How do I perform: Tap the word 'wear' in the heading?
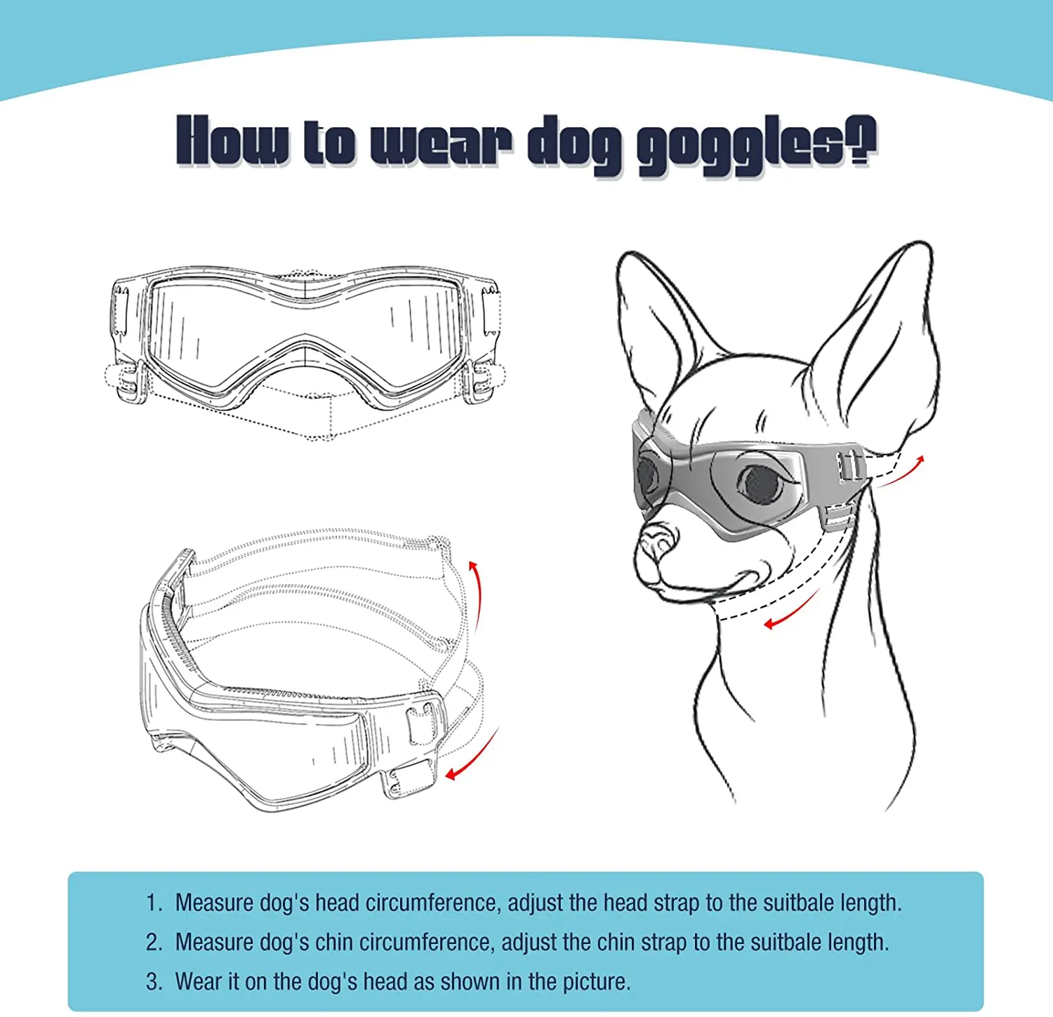[x=440, y=143]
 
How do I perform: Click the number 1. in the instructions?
[x=154, y=903]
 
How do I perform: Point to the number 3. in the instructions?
[x=154, y=981]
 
